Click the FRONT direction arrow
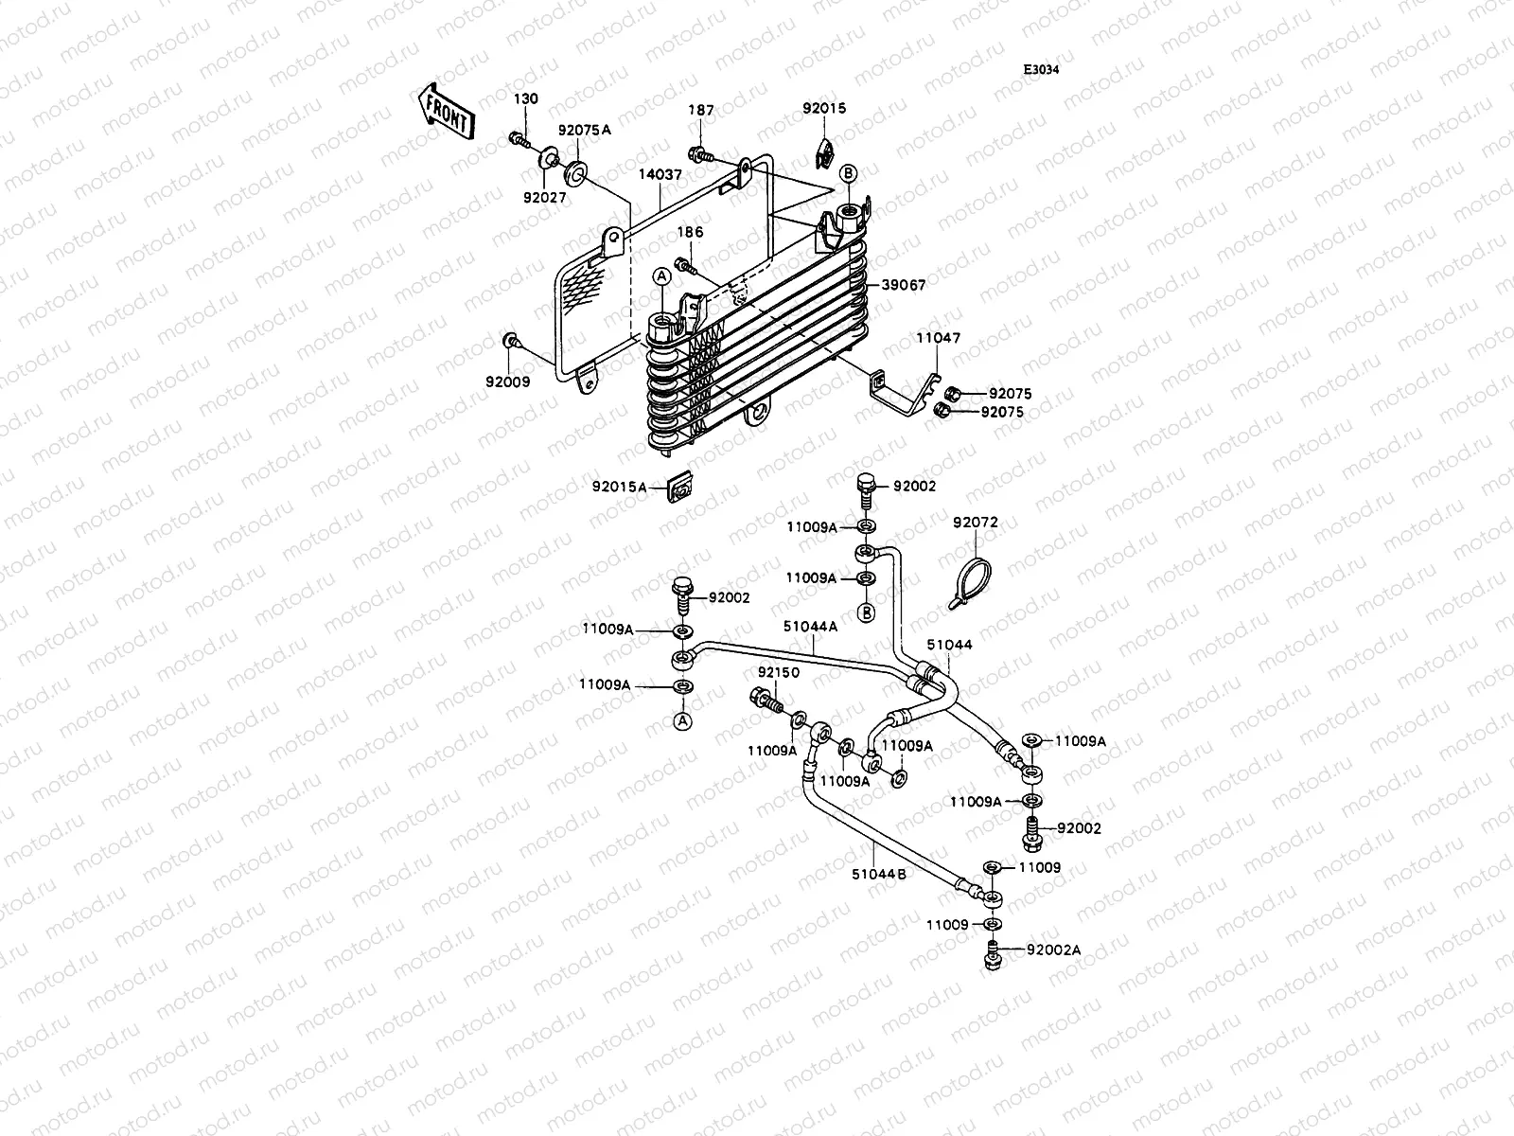click(446, 111)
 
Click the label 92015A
click(620, 488)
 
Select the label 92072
click(975, 523)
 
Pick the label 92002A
click(1052, 950)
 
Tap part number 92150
click(778, 673)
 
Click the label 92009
click(508, 382)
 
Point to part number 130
click(526, 99)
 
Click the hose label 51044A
click(810, 626)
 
